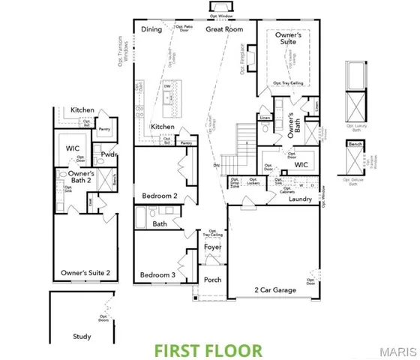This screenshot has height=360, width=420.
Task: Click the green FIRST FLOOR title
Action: click(x=208, y=349)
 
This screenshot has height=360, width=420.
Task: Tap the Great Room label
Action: click(x=224, y=29)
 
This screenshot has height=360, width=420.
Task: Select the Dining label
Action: click(x=152, y=29)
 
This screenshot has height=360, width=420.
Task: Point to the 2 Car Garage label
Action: click(x=274, y=289)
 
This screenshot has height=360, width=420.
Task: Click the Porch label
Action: click(x=212, y=280)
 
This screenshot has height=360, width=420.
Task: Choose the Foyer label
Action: click(x=212, y=246)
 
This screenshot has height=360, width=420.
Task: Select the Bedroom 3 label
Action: click(x=157, y=274)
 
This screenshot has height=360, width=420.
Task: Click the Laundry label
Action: click(x=300, y=199)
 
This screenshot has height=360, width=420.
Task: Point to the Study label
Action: click(x=82, y=337)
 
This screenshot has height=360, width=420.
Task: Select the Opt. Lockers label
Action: click(x=253, y=182)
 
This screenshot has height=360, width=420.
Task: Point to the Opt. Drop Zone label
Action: click(x=235, y=182)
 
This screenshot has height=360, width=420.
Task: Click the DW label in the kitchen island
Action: click(x=166, y=86)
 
